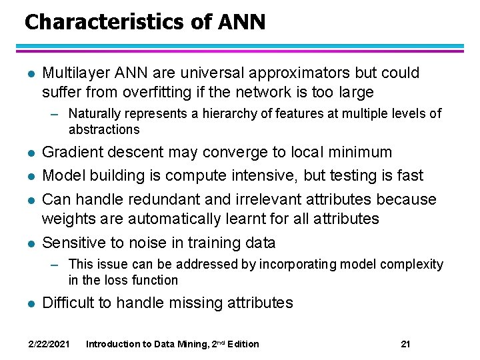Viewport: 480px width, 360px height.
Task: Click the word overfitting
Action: click(176, 91)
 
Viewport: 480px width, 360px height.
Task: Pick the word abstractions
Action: click(104, 129)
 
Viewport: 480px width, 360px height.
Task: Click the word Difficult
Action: click(68, 303)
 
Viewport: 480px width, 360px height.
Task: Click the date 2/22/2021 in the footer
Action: click(49, 344)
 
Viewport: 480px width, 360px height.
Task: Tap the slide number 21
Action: click(405, 344)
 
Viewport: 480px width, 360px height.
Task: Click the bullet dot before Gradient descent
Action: click(27, 153)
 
